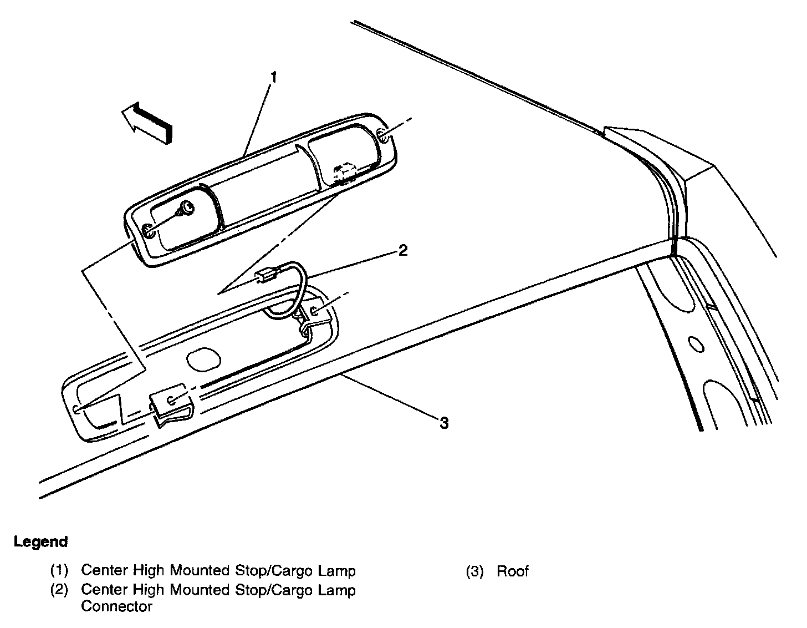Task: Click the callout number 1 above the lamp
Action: tap(273, 77)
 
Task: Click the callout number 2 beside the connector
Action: tap(403, 250)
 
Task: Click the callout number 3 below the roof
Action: tap(443, 423)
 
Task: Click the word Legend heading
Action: tap(41, 541)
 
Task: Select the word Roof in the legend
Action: tap(513, 571)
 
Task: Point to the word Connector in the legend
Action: tap(116, 606)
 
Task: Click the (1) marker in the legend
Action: tap(59, 571)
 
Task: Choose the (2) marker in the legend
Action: tap(59, 590)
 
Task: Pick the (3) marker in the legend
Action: tap(474, 571)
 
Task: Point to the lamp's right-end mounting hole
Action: tap(381, 135)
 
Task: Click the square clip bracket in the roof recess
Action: tap(170, 401)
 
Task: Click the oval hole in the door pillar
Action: tap(696, 344)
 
